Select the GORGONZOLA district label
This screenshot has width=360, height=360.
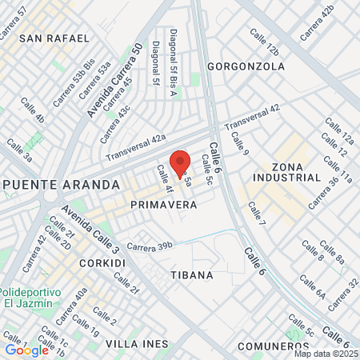click(x=246, y=66)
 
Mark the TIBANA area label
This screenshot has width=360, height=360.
click(x=192, y=274)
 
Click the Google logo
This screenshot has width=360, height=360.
click(x=26, y=350)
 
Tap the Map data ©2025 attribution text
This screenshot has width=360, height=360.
click(x=325, y=354)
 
